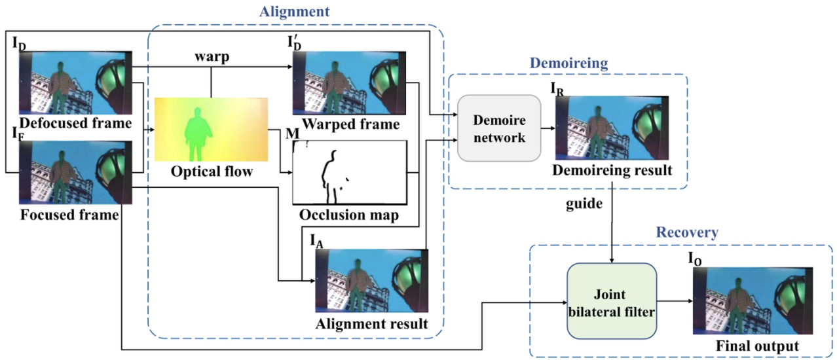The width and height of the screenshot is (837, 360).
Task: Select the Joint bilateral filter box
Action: pyautogui.click(x=612, y=300)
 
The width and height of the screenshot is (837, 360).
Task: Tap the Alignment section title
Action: pyautogui.click(x=294, y=11)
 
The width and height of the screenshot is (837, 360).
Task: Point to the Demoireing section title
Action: pyautogui.click(x=568, y=63)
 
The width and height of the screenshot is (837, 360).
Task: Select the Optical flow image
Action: pyautogui.click(x=212, y=129)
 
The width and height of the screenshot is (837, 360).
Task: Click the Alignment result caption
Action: pyautogui.click(x=371, y=323)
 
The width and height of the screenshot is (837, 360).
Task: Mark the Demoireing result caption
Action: pyautogui.click(x=611, y=171)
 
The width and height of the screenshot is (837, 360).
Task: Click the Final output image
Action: pyautogui.click(x=753, y=301)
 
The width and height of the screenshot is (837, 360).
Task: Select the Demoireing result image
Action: pyautogui.click(x=612, y=128)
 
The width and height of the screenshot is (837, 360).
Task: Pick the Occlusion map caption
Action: pyautogui.click(x=348, y=215)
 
